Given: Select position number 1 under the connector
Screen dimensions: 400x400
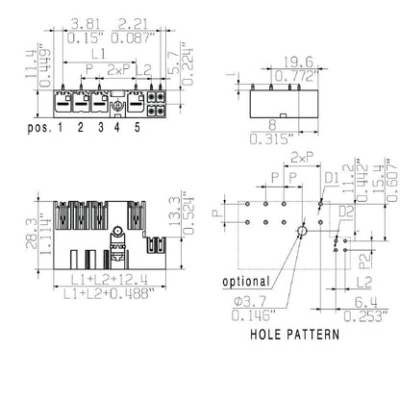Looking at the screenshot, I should (60, 127).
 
